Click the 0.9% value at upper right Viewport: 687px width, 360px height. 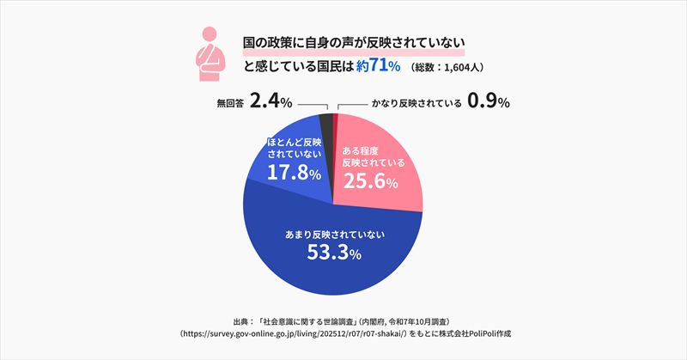pyautogui.click(x=489, y=102)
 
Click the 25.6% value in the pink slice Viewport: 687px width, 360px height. pyautogui.click(x=370, y=181)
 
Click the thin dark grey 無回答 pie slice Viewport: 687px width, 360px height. pyautogui.click(x=325, y=121)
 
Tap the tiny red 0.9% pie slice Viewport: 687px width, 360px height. pyautogui.click(x=336, y=120)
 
